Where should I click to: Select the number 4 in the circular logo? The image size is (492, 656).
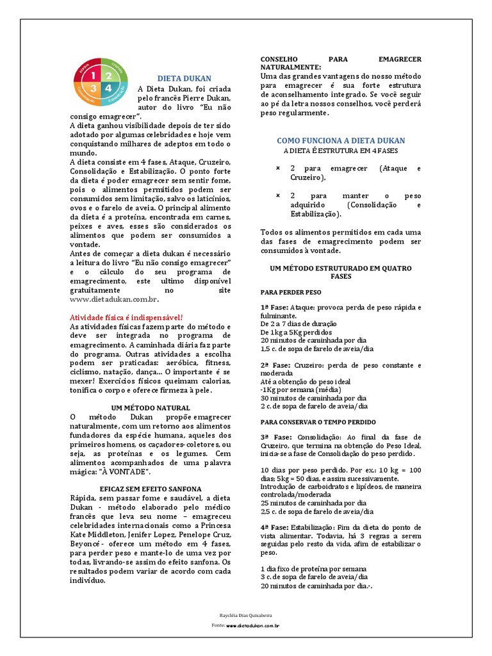click(x=109, y=86)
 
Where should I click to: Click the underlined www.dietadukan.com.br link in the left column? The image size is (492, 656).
click(x=113, y=299)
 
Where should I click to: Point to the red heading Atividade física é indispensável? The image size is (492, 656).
click(x=126, y=318)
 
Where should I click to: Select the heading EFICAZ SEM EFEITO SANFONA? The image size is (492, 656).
click(x=150, y=488)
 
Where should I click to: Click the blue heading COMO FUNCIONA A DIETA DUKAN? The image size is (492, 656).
click(x=341, y=140)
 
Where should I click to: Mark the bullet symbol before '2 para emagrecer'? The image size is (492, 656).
click(x=277, y=168)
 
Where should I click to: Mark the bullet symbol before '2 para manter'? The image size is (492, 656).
click(x=277, y=195)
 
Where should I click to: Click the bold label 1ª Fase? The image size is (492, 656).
click(x=274, y=307)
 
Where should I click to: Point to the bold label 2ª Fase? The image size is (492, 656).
click(x=274, y=365)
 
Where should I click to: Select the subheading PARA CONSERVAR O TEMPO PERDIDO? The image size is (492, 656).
click(x=318, y=422)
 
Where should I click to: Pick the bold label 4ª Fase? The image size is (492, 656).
click(x=274, y=527)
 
